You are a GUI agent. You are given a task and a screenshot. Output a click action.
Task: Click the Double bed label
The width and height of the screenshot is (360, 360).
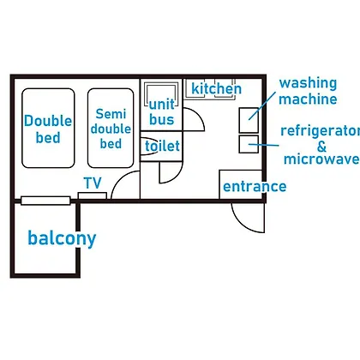point(48,129)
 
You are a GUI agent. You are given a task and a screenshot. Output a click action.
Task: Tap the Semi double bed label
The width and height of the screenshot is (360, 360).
point(111,129)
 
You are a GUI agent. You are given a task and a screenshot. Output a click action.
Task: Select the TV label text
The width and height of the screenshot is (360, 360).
point(93,183)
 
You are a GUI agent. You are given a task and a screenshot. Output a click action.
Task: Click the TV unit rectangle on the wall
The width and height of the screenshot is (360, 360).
point(93,195)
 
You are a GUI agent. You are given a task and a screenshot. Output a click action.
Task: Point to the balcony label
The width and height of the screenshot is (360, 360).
point(62,238)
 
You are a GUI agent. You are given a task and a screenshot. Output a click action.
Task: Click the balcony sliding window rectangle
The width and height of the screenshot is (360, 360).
point(45,201)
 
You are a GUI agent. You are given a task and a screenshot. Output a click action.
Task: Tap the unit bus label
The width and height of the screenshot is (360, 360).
point(162,112)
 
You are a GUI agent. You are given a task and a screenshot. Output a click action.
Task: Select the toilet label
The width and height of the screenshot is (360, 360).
point(162,146)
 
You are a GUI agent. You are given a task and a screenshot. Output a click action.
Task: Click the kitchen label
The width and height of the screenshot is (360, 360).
point(216,88)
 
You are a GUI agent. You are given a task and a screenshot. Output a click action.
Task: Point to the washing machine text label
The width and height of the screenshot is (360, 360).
point(308,91)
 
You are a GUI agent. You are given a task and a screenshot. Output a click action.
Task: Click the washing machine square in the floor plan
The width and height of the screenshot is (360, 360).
point(249,120)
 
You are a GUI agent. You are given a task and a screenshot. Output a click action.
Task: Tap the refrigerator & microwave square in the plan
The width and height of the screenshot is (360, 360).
point(249,144)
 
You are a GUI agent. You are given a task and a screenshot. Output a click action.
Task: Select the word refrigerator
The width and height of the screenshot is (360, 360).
point(320,131)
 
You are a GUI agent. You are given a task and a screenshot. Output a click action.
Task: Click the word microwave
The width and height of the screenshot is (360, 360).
point(321,159)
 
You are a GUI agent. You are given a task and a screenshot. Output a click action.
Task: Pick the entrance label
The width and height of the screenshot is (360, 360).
point(255,187)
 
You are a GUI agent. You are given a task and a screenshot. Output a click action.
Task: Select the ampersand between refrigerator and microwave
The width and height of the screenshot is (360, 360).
point(321,147)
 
